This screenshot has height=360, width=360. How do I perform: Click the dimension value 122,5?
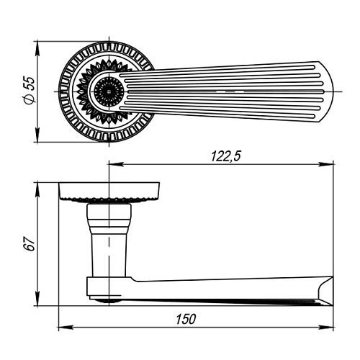point(225,156)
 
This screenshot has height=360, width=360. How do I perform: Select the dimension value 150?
point(186,319)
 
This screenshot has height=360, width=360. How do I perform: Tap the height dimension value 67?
point(30,244)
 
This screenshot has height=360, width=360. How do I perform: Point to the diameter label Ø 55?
point(30,91)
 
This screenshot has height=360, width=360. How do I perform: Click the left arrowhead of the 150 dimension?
point(66,328)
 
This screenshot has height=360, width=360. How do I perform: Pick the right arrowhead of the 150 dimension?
point(326,328)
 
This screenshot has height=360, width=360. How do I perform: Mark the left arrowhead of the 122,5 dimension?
point(117,164)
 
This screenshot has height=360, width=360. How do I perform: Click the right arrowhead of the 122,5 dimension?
point(326,164)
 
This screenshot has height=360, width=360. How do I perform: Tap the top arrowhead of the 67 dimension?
point(37,190)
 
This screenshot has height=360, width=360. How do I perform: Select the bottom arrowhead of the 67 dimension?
point(37,298)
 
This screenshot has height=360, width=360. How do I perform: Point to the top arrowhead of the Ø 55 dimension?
point(37,49)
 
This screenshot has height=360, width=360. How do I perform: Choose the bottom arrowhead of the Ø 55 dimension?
point(37,135)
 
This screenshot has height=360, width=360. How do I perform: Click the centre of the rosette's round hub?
point(109,91)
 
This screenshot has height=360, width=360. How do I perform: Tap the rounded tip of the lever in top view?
point(330,91)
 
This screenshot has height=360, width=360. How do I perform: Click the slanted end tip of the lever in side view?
point(332,305)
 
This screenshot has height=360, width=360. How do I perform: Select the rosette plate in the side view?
point(109,192)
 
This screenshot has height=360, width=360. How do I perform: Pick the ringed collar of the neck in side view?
point(109,218)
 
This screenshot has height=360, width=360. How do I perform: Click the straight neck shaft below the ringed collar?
point(109,255)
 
